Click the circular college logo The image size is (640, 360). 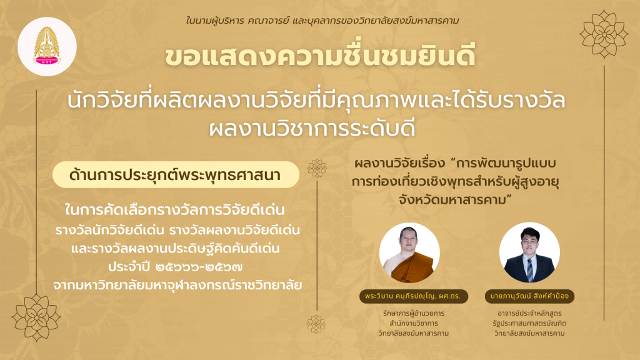(47, 46)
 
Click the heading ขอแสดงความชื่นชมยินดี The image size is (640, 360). (320, 56)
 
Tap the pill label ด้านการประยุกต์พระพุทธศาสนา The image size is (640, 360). (176, 175)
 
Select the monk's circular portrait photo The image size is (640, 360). (409, 252)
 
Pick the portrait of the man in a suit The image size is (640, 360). (529, 252)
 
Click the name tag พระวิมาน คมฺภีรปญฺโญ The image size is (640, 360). (414, 296)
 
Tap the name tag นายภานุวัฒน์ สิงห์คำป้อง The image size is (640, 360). (529, 296)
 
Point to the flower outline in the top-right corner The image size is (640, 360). (604, 34)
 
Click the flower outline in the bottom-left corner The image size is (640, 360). (36, 317)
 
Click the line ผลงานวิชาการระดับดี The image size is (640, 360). (312, 128)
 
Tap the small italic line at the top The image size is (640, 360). (322, 21)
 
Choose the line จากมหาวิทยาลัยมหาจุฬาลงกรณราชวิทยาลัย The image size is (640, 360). (177, 285)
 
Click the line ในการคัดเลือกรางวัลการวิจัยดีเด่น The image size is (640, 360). (175, 210)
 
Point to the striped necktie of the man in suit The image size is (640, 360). (529, 270)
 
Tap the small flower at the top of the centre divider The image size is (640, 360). (317, 168)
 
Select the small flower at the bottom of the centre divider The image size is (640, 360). (316, 324)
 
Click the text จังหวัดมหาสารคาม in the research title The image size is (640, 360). (456, 199)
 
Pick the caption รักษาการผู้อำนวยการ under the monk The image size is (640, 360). (414, 314)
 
